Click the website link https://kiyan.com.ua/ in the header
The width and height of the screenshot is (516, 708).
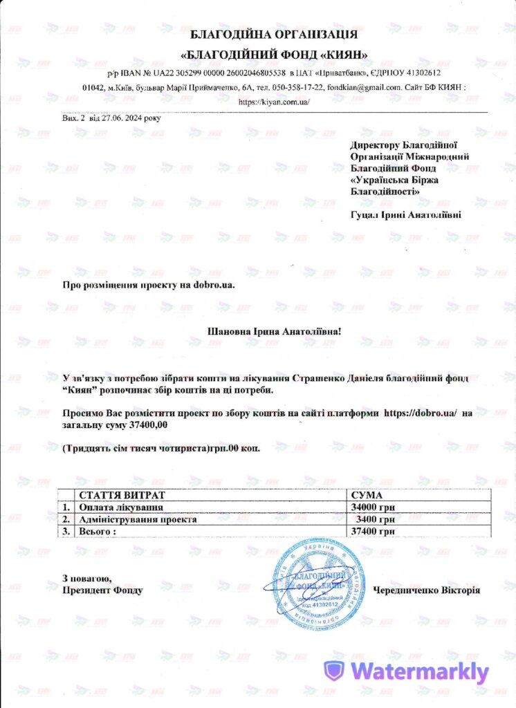click(x=274, y=102)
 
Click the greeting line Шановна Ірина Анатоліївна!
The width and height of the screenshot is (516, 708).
click(x=275, y=331)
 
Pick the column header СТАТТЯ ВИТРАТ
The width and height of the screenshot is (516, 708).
click(x=123, y=496)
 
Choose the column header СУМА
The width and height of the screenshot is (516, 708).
click(x=367, y=496)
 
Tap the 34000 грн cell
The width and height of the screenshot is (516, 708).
click(x=373, y=507)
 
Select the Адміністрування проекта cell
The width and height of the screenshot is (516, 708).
click(x=138, y=519)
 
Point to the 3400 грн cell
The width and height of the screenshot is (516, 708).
click(x=376, y=519)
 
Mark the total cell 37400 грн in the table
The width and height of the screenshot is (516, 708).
click(x=373, y=531)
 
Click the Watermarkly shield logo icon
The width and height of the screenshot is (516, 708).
click(x=334, y=671)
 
